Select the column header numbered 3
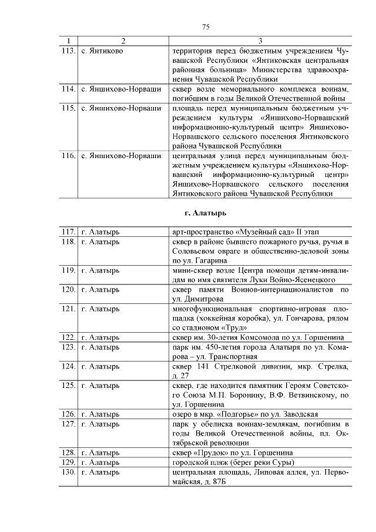point(260,41)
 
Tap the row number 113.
point(68,51)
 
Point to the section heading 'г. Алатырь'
point(205,212)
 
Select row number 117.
point(68,232)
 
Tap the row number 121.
point(68,308)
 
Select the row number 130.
point(68,473)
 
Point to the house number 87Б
point(218,482)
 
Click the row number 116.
point(68,156)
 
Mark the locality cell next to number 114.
point(120,89)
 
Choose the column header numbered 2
point(123,41)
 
